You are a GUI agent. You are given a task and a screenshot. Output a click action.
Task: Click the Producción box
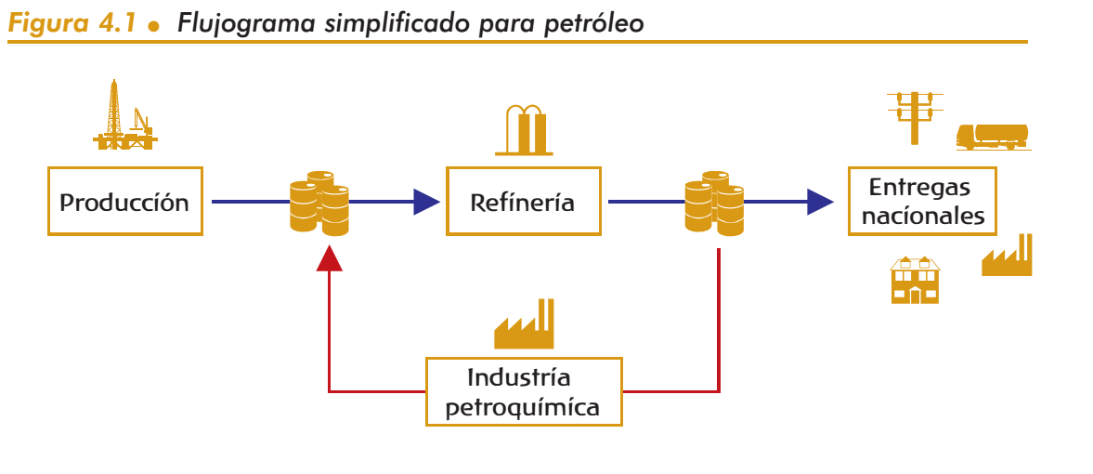click(x=124, y=202)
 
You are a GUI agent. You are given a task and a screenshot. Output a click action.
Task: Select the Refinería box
click(x=523, y=202)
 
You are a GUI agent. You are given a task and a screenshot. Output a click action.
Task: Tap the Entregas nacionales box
click(x=921, y=202)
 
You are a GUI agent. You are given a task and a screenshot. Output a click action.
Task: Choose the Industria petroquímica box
click(x=523, y=392)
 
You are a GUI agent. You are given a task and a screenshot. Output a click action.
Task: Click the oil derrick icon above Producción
click(x=124, y=115)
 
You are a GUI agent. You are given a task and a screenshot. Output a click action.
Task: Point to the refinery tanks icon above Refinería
click(x=525, y=129)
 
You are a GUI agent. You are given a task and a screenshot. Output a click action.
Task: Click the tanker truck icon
click(x=992, y=136)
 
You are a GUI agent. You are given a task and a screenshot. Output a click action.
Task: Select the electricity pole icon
click(x=915, y=116)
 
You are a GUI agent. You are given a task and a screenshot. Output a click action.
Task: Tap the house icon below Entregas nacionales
click(x=915, y=280)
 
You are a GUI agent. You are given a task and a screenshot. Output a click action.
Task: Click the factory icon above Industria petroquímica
click(x=525, y=323)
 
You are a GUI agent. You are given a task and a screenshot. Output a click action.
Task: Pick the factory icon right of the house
click(x=1007, y=257)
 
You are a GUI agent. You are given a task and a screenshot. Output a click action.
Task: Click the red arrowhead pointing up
click(x=330, y=257)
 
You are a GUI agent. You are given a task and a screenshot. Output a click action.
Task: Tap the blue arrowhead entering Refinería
click(x=426, y=202)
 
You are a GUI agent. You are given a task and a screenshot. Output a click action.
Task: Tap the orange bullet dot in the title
click(x=155, y=26)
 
